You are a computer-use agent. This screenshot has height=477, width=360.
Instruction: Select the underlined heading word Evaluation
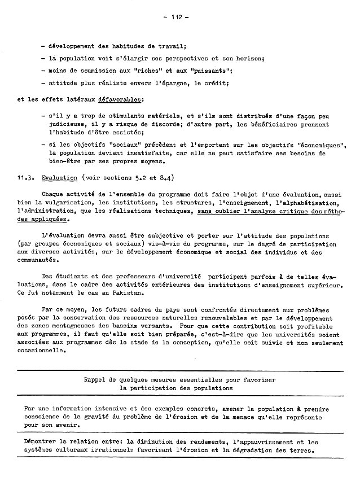pos(59,177)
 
